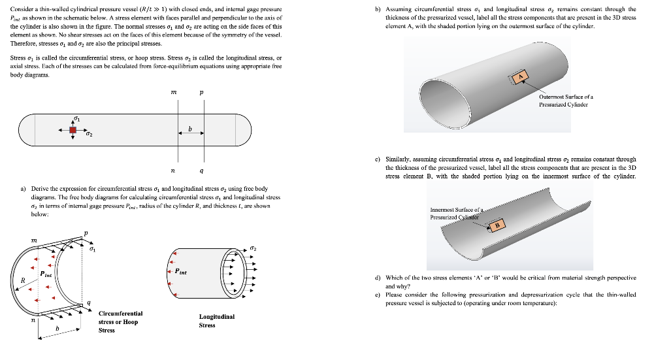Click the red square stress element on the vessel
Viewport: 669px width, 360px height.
(73, 131)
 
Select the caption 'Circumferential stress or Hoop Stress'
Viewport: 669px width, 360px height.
(120, 321)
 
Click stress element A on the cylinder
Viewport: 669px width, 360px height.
(521, 78)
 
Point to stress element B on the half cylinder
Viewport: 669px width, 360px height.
(498, 225)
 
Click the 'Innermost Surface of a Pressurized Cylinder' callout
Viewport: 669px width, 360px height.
(455, 213)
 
